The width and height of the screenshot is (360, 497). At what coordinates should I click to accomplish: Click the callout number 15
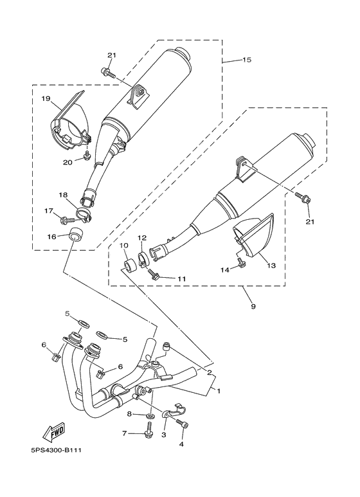(x=246, y=60)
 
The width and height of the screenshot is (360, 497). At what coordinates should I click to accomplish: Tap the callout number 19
(x=46, y=98)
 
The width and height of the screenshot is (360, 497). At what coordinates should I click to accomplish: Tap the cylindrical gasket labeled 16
(x=78, y=233)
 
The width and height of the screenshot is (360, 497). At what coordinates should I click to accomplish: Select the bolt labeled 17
(x=67, y=220)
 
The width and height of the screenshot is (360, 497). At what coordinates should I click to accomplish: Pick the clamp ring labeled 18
(x=83, y=212)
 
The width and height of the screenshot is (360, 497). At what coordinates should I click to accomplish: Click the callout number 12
(x=142, y=238)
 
